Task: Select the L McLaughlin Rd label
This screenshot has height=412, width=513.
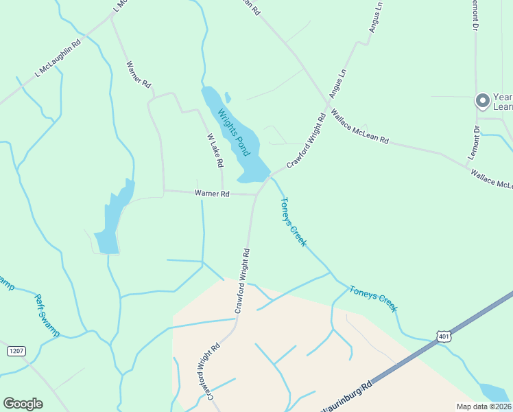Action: [x=58, y=58]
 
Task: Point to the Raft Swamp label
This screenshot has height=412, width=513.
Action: [x=47, y=315]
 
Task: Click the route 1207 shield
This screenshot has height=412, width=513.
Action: [x=16, y=351]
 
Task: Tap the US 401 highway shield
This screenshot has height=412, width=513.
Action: [x=442, y=336]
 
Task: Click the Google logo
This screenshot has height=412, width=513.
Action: [x=23, y=403]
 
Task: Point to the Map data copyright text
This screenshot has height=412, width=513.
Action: [x=484, y=407]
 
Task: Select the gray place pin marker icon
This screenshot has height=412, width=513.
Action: [x=482, y=102]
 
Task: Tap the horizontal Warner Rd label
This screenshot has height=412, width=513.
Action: [x=212, y=194]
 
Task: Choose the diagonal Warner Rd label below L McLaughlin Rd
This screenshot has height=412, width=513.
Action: [x=138, y=75]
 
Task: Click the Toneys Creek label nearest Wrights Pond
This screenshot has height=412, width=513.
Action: [x=294, y=222]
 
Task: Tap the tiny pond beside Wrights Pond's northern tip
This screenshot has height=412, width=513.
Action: [x=228, y=98]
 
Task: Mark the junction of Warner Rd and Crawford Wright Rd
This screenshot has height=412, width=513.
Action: [x=256, y=194]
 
